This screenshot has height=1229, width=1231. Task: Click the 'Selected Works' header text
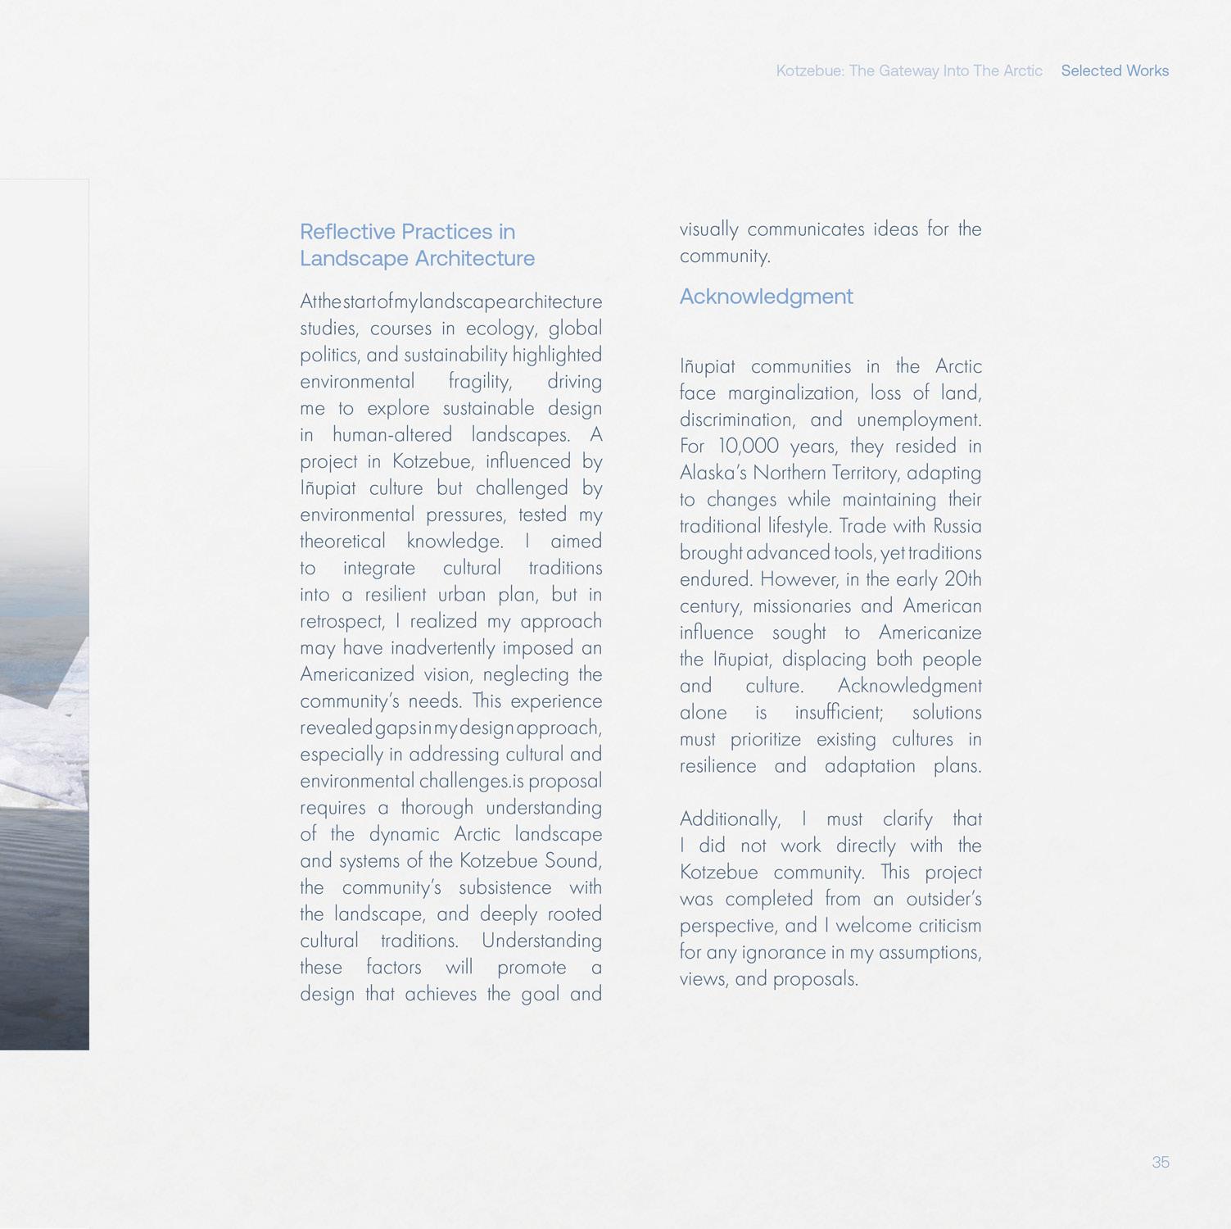[x=1114, y=71]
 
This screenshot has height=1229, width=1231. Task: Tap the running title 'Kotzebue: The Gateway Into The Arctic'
[x=908, y=71]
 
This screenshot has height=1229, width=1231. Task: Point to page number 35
[x=1160, y=1162]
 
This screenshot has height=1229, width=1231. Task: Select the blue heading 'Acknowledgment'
[x=766, y=297]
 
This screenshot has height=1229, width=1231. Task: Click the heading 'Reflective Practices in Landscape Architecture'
[x=416, y=245]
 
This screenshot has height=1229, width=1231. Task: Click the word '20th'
[x=962, y=579]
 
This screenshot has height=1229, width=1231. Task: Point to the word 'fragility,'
[x=480, y=382]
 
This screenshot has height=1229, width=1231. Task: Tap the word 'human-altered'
[x=392, y=435]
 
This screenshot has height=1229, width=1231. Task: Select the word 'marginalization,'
[x=793, y=393]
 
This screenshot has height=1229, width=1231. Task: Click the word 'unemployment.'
[x=919, y=420]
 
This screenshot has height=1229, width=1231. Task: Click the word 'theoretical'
[x=342, y=542]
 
